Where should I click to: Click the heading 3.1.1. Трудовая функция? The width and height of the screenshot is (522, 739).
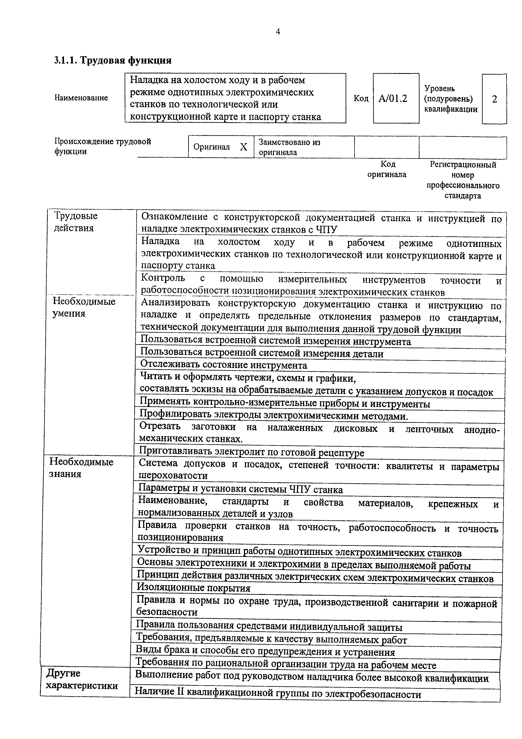click(113, 60)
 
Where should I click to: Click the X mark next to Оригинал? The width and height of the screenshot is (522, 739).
click(244, 147)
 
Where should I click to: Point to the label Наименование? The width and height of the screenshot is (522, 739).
click(81, 98)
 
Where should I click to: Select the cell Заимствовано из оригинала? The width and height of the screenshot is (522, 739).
click(289, 147)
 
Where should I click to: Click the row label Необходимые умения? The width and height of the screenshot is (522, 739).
click(84, 307)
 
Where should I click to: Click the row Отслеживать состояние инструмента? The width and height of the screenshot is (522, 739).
click(224, 365)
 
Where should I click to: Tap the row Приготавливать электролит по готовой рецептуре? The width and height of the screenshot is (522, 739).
click(252, 453)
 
